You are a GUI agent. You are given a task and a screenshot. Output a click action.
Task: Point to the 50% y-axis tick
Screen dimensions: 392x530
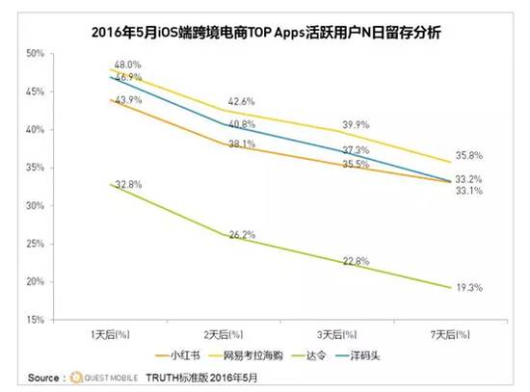pyautogui.click(x=35, y=53)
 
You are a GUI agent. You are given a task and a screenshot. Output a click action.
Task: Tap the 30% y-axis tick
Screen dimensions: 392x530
pyautogui.click(x=35, y=205)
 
